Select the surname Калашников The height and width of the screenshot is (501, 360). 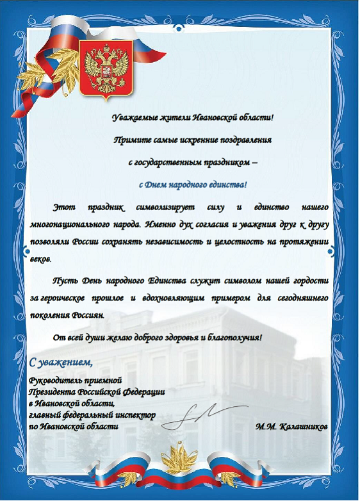[302, 426]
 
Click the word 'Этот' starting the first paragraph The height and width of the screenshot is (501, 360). [63, 208]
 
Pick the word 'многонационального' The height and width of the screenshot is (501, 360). [70, 226]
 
